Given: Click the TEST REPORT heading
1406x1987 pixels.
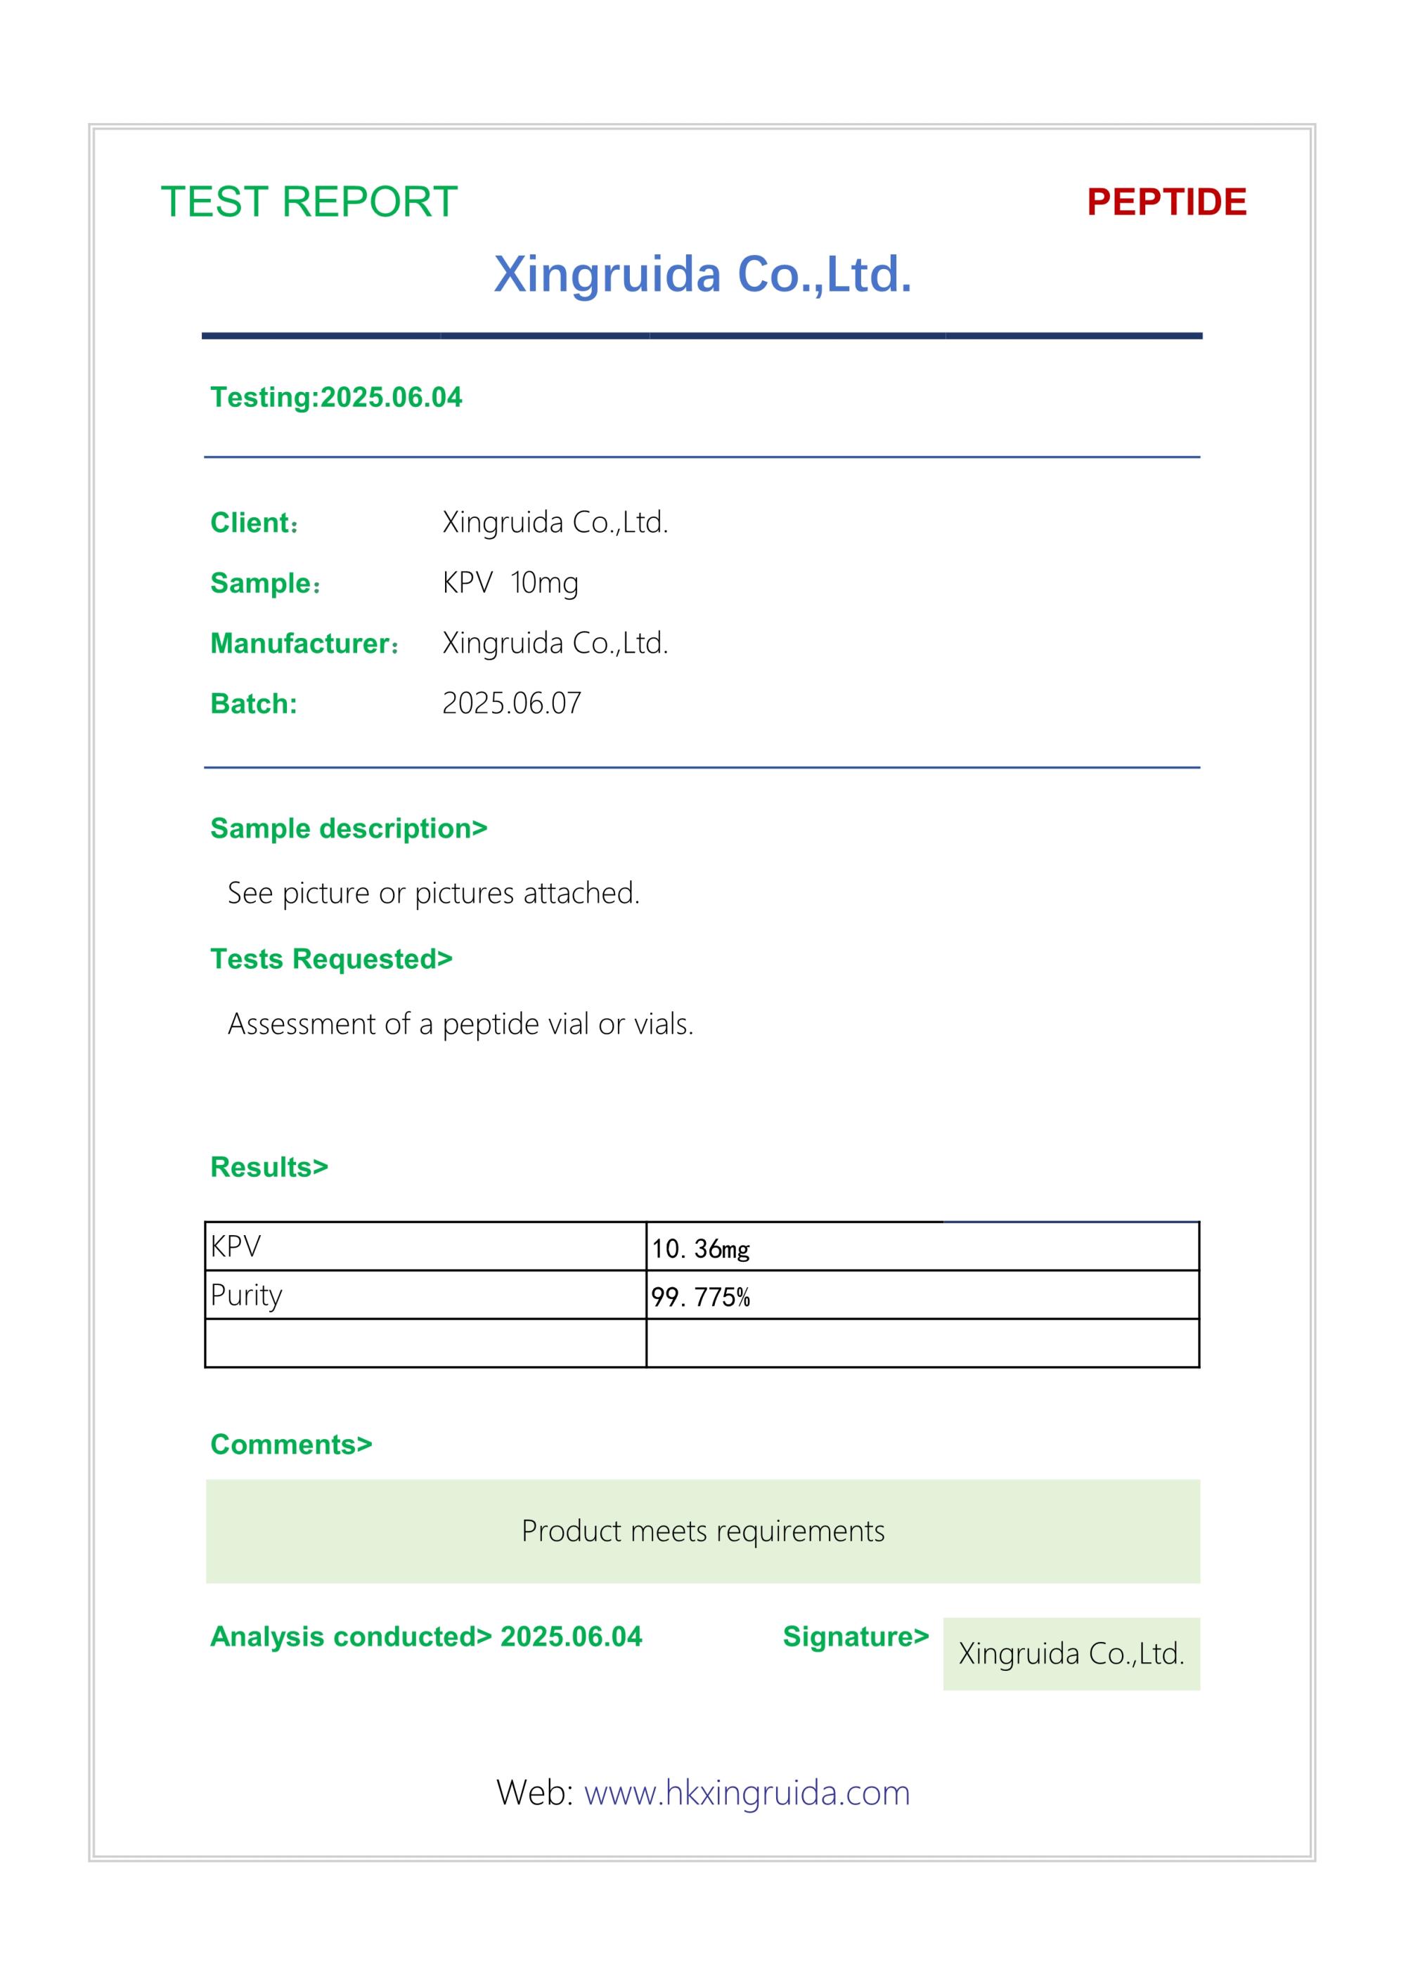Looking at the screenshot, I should click(309, 202).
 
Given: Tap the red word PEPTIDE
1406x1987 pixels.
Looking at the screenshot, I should click(1166, 202).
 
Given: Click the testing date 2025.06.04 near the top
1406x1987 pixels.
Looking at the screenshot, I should click(392, 397).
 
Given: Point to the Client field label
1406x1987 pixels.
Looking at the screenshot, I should click(254, 523).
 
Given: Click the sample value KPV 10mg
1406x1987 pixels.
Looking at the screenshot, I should click(510, 582).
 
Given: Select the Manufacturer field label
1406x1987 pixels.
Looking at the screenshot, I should click(304, 643).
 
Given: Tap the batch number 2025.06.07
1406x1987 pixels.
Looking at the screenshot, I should click(512, 703).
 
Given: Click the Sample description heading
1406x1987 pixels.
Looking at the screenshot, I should click(349, 828).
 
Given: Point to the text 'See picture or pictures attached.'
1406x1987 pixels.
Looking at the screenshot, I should click(434, 892).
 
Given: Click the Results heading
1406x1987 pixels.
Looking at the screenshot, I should click(269, 1166).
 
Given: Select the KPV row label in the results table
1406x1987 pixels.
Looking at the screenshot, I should click(236, 1246).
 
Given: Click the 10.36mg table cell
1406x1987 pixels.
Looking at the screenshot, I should click(700, 1249).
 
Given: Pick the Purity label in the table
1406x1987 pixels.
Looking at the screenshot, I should click(247, 1295).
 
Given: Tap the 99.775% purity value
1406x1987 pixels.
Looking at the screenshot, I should click(700, 1297).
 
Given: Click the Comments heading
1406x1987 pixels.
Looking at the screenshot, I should click(291, 1445).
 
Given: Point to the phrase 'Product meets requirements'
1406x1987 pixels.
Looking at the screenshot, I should click(702, 1531).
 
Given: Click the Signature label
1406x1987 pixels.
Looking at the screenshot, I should click(856, 1636).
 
